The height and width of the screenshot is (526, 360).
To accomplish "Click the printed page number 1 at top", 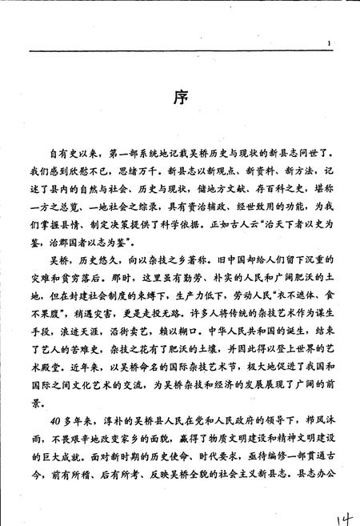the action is [329, 42].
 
